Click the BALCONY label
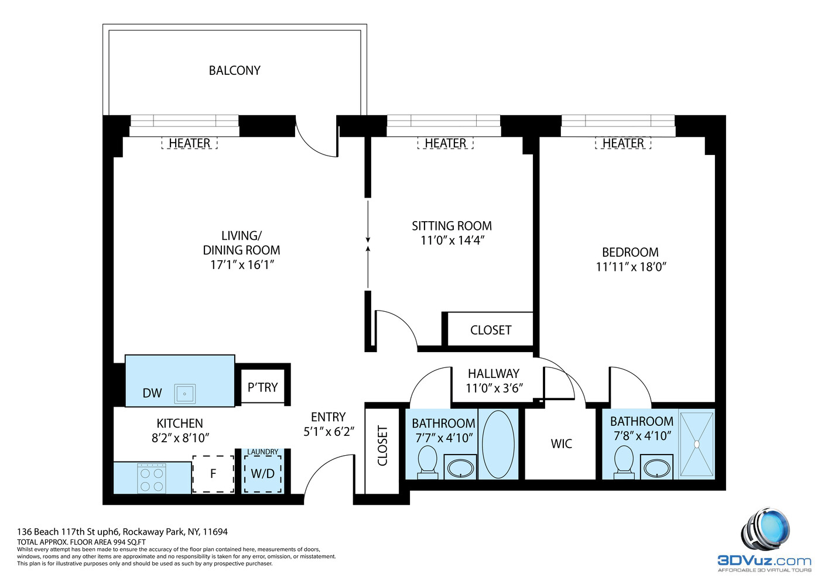click(x=234, y=70)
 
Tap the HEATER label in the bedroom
click(x=623, y=143)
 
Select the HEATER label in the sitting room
click(x=445, y=143)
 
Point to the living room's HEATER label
click(x=189, y=143)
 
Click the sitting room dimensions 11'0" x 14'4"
click(x=452, y=240)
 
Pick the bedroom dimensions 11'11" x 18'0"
click(x=631, y=267)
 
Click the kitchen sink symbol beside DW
click(x=184, y=394)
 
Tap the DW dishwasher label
click(x=152, y=393)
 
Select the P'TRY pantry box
click(x=262, y=387)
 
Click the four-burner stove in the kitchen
click(x=152, y=479)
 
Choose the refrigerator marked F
click(x=213, y=474)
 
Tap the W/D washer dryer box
click(x=262, y=474)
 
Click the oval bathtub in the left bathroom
click(x=498, y=445)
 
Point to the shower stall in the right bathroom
click(x=697, y=445)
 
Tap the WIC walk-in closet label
click(x=561, y=444)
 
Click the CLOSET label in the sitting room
click(x=490, y=331)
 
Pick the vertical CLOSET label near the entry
click(x=382, y=446)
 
